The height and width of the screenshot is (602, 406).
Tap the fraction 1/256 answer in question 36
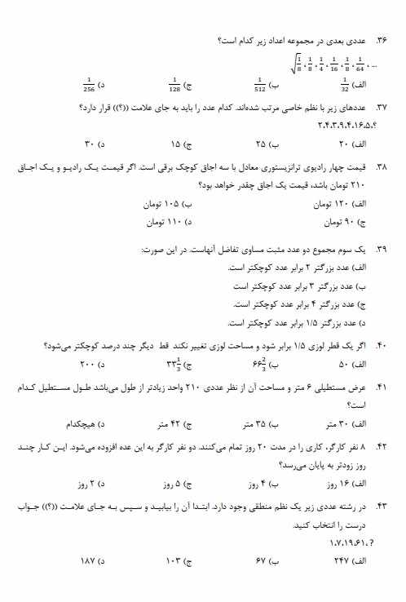[89, 83]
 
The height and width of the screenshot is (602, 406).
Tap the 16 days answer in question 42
[343, 484]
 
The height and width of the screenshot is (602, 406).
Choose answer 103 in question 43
[175, 562]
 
